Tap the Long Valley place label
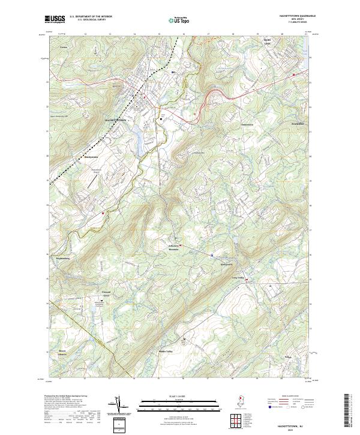click(238, 277)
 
